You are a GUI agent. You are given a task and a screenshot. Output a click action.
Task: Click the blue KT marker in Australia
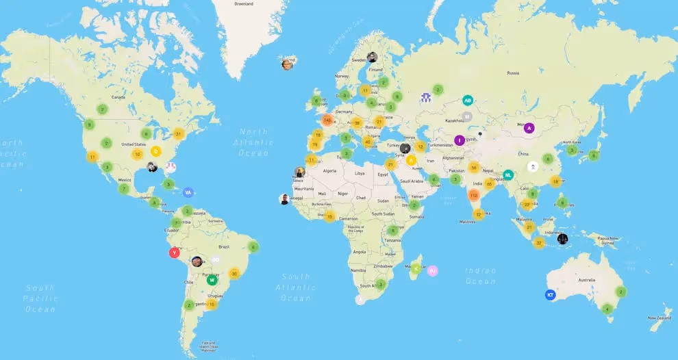[549, 295]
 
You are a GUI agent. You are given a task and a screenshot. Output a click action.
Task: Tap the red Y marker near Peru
[175, 253]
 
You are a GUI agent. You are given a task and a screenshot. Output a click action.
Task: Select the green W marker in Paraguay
[212, 279]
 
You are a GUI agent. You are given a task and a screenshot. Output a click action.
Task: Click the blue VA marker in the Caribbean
[188, 193]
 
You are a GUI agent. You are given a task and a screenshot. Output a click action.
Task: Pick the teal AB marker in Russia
[468, 100]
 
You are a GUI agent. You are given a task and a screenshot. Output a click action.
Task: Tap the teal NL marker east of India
[508, 175]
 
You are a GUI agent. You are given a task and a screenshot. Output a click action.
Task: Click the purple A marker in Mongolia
[529, 127]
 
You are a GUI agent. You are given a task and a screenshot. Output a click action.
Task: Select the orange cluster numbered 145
[327, 120]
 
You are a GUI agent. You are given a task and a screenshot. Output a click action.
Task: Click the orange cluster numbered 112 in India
[473, 196]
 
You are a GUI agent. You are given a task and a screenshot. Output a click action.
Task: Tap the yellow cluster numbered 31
[179, 134]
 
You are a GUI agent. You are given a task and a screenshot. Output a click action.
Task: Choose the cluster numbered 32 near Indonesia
[540, 242]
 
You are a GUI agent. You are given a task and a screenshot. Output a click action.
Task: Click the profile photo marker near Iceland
[287, 64]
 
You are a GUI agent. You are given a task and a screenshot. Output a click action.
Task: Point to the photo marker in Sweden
[372, 57]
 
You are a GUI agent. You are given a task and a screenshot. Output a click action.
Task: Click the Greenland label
[243, 3]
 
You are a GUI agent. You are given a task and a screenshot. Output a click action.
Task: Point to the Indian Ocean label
[481, 276]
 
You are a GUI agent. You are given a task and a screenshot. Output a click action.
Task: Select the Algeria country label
[330, 171]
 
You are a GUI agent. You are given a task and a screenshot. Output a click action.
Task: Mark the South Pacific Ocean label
[40, 299]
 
